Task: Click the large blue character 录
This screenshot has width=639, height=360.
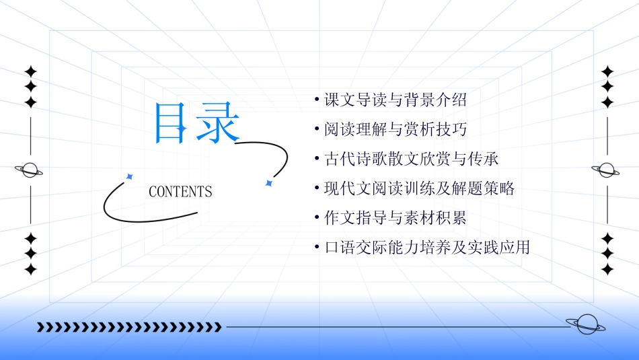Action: [218, 123]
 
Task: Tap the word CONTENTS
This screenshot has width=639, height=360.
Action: [180, 192]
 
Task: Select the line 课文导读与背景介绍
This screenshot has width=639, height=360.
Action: [395, 100]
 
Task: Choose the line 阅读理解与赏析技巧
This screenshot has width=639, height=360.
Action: [395, 129]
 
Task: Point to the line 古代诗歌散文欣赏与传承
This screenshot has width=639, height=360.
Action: [411, 159]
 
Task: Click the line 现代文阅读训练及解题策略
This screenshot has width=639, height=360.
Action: [419, 188]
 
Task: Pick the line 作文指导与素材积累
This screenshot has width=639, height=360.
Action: [395, 218]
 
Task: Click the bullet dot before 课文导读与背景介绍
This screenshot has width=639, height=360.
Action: [316, 100]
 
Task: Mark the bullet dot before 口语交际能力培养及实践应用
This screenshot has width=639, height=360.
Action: [316, 248]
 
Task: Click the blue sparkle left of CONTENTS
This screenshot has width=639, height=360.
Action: [130, 176]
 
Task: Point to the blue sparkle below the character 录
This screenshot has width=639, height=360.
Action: [268, 182]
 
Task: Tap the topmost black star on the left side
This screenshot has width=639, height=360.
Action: [30, 71]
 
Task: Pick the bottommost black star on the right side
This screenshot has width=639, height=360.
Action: [607, 269]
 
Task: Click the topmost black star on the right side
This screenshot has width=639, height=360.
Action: [607, 71]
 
